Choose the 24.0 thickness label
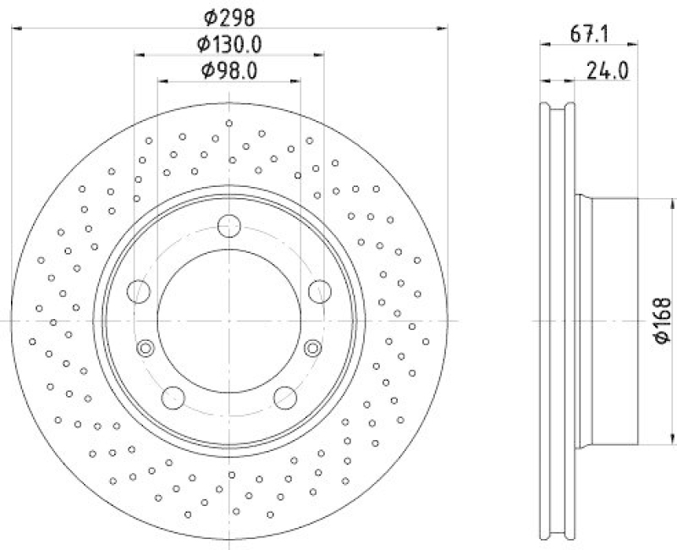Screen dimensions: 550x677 (607, 71)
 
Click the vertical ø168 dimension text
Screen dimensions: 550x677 (663, 320)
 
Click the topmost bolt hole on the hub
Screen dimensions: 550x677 (229, 226)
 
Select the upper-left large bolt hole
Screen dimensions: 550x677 (138, 292)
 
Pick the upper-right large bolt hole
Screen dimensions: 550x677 (320, 292)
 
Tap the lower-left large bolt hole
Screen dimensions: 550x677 (173, 397)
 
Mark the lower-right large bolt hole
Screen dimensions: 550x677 (285, 397)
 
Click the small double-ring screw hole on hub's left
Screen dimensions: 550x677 (146, 347)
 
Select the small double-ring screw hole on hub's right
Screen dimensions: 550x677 (313, 347)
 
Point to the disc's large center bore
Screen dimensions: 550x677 (229, 322)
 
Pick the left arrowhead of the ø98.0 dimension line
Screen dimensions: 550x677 (163, 82)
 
